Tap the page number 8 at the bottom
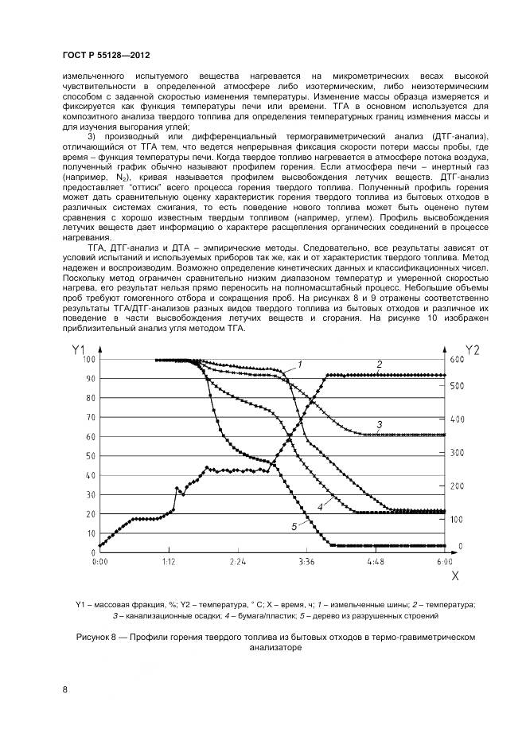(x=65, y=689)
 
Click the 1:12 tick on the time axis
(x=168, y=560)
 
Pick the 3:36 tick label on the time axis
(x=306, y=560)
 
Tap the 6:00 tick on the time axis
(x=444, y=560)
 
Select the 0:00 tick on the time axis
(x=99, y=560)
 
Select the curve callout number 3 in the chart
(x=380, y=424)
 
